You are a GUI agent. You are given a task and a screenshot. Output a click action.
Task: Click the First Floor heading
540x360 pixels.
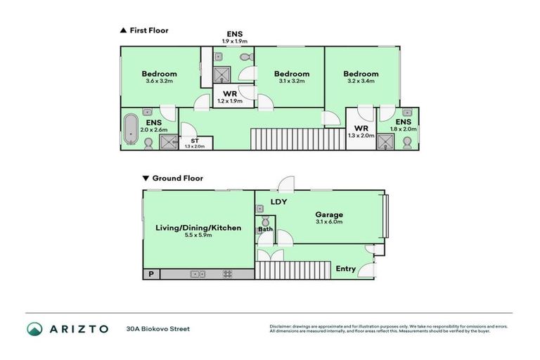(x=148, y=30)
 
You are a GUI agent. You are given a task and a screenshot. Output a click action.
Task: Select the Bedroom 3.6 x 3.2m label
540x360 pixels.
(x=159, y=77)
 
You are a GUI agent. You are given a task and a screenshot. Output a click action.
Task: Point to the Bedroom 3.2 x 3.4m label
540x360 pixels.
(x=361, y=77)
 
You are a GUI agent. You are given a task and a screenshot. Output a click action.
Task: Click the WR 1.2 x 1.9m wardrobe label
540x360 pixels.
(x=229, y=97)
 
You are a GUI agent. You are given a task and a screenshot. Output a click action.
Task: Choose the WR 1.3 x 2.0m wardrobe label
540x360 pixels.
(x=361, y=132)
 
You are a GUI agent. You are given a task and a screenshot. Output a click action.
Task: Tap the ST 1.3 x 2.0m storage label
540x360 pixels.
(x=193, y=143)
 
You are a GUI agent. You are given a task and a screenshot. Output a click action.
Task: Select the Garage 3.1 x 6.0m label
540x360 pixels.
(x=328, y=218)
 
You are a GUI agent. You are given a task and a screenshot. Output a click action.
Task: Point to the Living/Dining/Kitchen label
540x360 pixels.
(x=198, y=231)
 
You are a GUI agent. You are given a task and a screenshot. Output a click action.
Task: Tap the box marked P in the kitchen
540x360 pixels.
(x=150, y=274)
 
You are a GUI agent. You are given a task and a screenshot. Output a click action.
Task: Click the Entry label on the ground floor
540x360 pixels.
(x=346, y=269)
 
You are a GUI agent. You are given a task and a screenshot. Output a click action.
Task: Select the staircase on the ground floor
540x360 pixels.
(x=292, y=269)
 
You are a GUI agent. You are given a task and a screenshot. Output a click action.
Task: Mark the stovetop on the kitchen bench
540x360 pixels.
(x=228, y=274)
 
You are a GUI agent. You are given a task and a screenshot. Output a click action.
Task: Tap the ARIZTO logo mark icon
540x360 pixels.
(x=35, y=328)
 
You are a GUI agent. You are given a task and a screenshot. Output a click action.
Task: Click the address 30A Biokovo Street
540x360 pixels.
(x=157, y=328)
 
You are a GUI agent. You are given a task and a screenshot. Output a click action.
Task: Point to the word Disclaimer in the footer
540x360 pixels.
(x=281, y=326)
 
